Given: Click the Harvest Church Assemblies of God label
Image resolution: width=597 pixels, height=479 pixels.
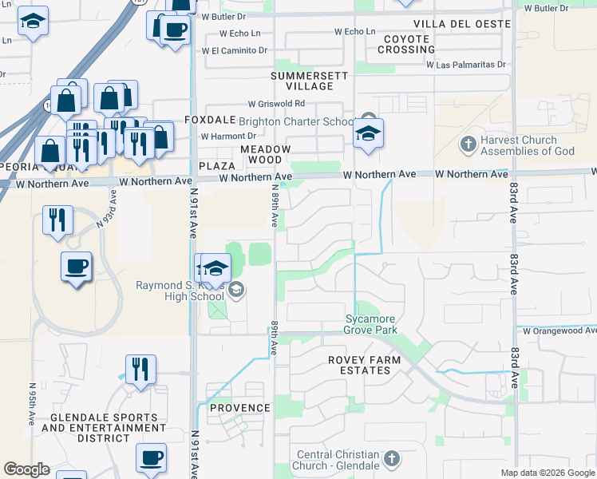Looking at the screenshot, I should coord(528,145).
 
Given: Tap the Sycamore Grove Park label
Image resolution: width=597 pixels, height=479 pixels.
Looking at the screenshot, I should coord(371,324).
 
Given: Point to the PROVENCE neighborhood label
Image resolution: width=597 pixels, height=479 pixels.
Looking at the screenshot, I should coord(240,408).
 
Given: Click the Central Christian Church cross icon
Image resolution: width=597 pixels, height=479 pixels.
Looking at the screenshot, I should coord(391,458).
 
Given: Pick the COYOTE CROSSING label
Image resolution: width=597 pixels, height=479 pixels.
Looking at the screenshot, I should coord(406,44).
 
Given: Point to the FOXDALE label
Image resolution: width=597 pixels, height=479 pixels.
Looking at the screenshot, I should coord(210,120).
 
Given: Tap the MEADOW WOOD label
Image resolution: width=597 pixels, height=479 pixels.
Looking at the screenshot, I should coord(264,155).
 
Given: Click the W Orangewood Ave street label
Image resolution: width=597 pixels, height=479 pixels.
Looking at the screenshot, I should coord(558,331).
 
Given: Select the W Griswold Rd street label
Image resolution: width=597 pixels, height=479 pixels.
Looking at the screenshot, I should coord(276,104).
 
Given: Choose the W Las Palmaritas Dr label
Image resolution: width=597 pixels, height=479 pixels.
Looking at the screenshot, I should coord(466,65).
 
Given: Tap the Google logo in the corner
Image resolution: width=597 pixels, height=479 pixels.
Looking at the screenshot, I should coord(26,469).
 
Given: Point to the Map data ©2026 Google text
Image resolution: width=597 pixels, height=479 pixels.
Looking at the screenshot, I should coord(547,473).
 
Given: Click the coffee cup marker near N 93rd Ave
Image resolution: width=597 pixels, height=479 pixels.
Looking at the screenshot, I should coord(77,267).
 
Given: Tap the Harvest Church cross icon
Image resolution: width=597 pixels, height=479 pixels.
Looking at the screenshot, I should coord(469,144).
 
